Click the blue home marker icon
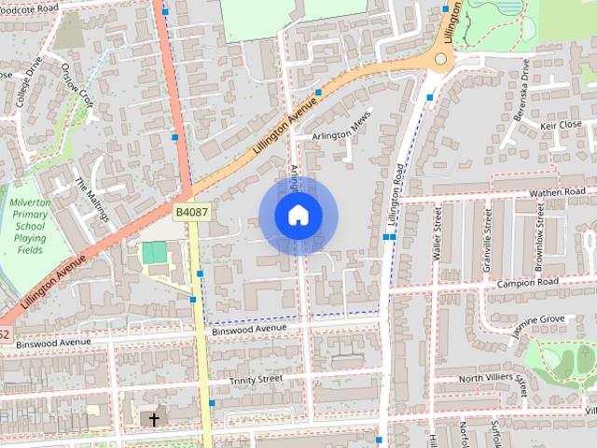point(298,216)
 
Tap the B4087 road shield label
point(191,213)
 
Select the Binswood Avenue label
point(249,329)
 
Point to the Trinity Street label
point(257,380)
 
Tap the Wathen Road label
point(556,193)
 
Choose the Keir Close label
point(562,124)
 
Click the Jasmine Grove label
point(538,320)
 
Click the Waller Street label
point(436,234)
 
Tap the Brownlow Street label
point(541,234)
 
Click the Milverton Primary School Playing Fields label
point(30,226)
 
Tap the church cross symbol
point(154,420)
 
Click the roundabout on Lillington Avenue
point(441,59)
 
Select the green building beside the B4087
point(155,252)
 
